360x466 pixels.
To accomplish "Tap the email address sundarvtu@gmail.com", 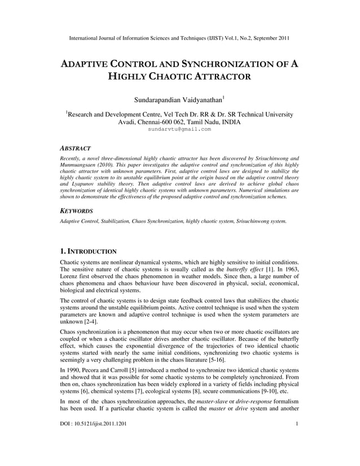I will point(179,129).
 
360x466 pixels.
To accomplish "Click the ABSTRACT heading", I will point(76,148).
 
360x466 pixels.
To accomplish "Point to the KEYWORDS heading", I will point(77,210).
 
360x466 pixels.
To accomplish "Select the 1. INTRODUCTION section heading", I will point(88,250).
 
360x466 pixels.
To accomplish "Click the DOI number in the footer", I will point(93,438).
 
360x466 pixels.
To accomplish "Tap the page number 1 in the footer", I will point(297,438).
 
